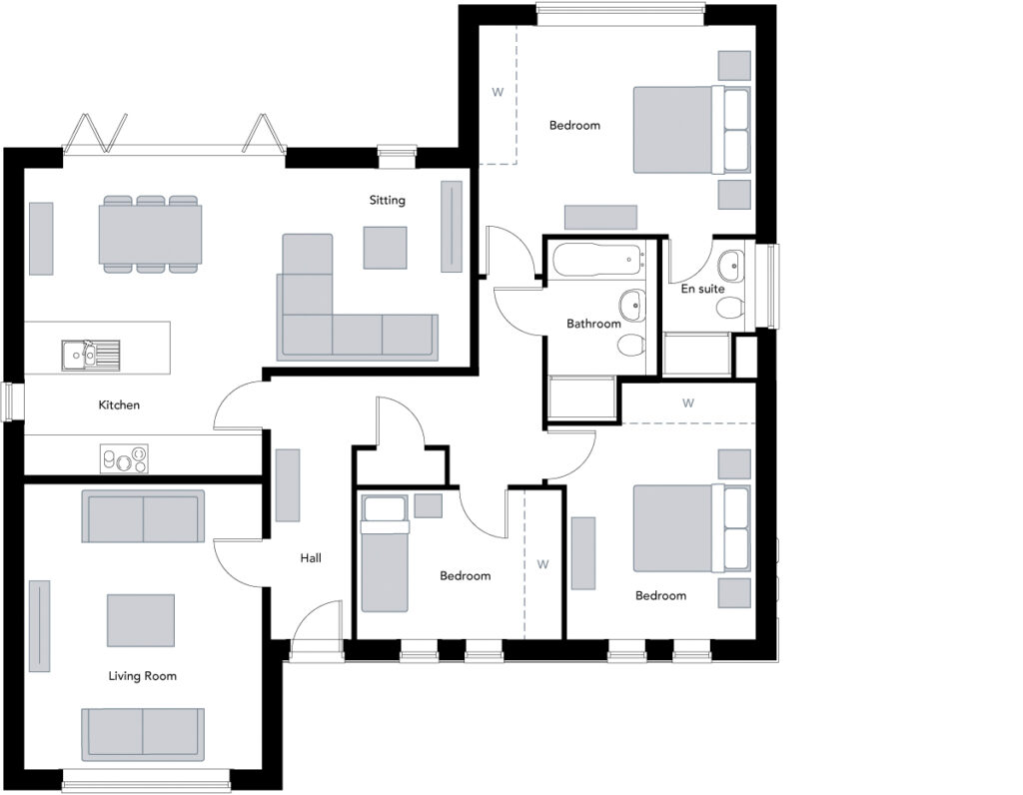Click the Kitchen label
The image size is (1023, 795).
[119, 405]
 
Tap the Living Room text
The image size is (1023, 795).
[142, 676]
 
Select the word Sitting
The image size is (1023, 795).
[387, 200]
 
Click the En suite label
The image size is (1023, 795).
[702, 290]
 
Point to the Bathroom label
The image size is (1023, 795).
[593, 324]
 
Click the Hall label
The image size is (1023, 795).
[311, 558]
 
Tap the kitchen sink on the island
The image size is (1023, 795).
[90, 353]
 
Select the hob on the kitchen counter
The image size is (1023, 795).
[124, 459]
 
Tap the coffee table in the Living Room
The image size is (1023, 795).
[141, 620]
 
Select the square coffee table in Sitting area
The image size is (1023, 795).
[385, 248]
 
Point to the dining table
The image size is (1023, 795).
[150, 234]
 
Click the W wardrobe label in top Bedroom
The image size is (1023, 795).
[498, 93]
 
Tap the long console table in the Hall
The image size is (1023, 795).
[288, 484]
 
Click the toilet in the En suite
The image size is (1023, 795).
[730, 307]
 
